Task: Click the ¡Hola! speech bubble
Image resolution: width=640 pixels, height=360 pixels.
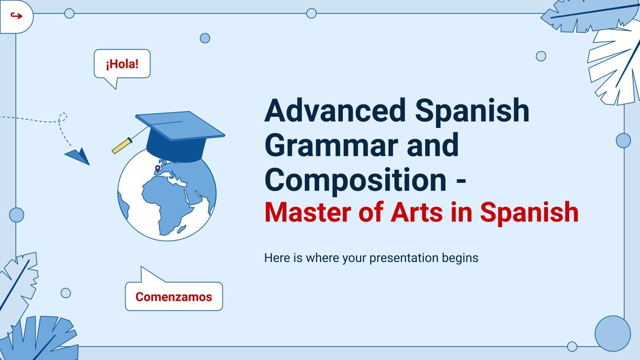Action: point(122,64)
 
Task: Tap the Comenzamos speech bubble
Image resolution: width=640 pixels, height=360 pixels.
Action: point(174,296)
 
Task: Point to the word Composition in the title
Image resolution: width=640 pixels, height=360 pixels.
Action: point(355,180)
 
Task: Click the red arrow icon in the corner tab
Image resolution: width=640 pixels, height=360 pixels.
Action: point(16,16)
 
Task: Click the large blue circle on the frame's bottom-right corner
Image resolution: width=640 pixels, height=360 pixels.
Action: point(612,334)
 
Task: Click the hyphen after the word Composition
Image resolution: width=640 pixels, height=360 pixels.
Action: point(461,181)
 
